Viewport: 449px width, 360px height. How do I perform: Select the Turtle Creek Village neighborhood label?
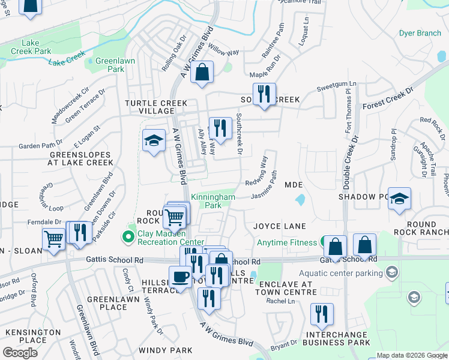coord(156,107)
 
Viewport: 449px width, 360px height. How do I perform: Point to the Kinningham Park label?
coord(212,201)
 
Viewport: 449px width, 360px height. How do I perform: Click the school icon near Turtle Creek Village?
coord(154,142)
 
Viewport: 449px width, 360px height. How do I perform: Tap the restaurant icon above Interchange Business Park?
coord(322,313)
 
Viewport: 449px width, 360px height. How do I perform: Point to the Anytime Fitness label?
coord(286,242)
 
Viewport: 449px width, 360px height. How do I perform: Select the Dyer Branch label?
coord(420,33)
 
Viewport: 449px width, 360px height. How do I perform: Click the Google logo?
coord(20,353)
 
